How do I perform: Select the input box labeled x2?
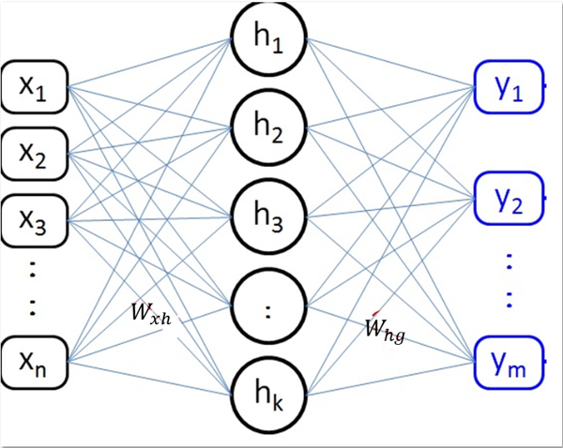[x=35, y=153]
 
